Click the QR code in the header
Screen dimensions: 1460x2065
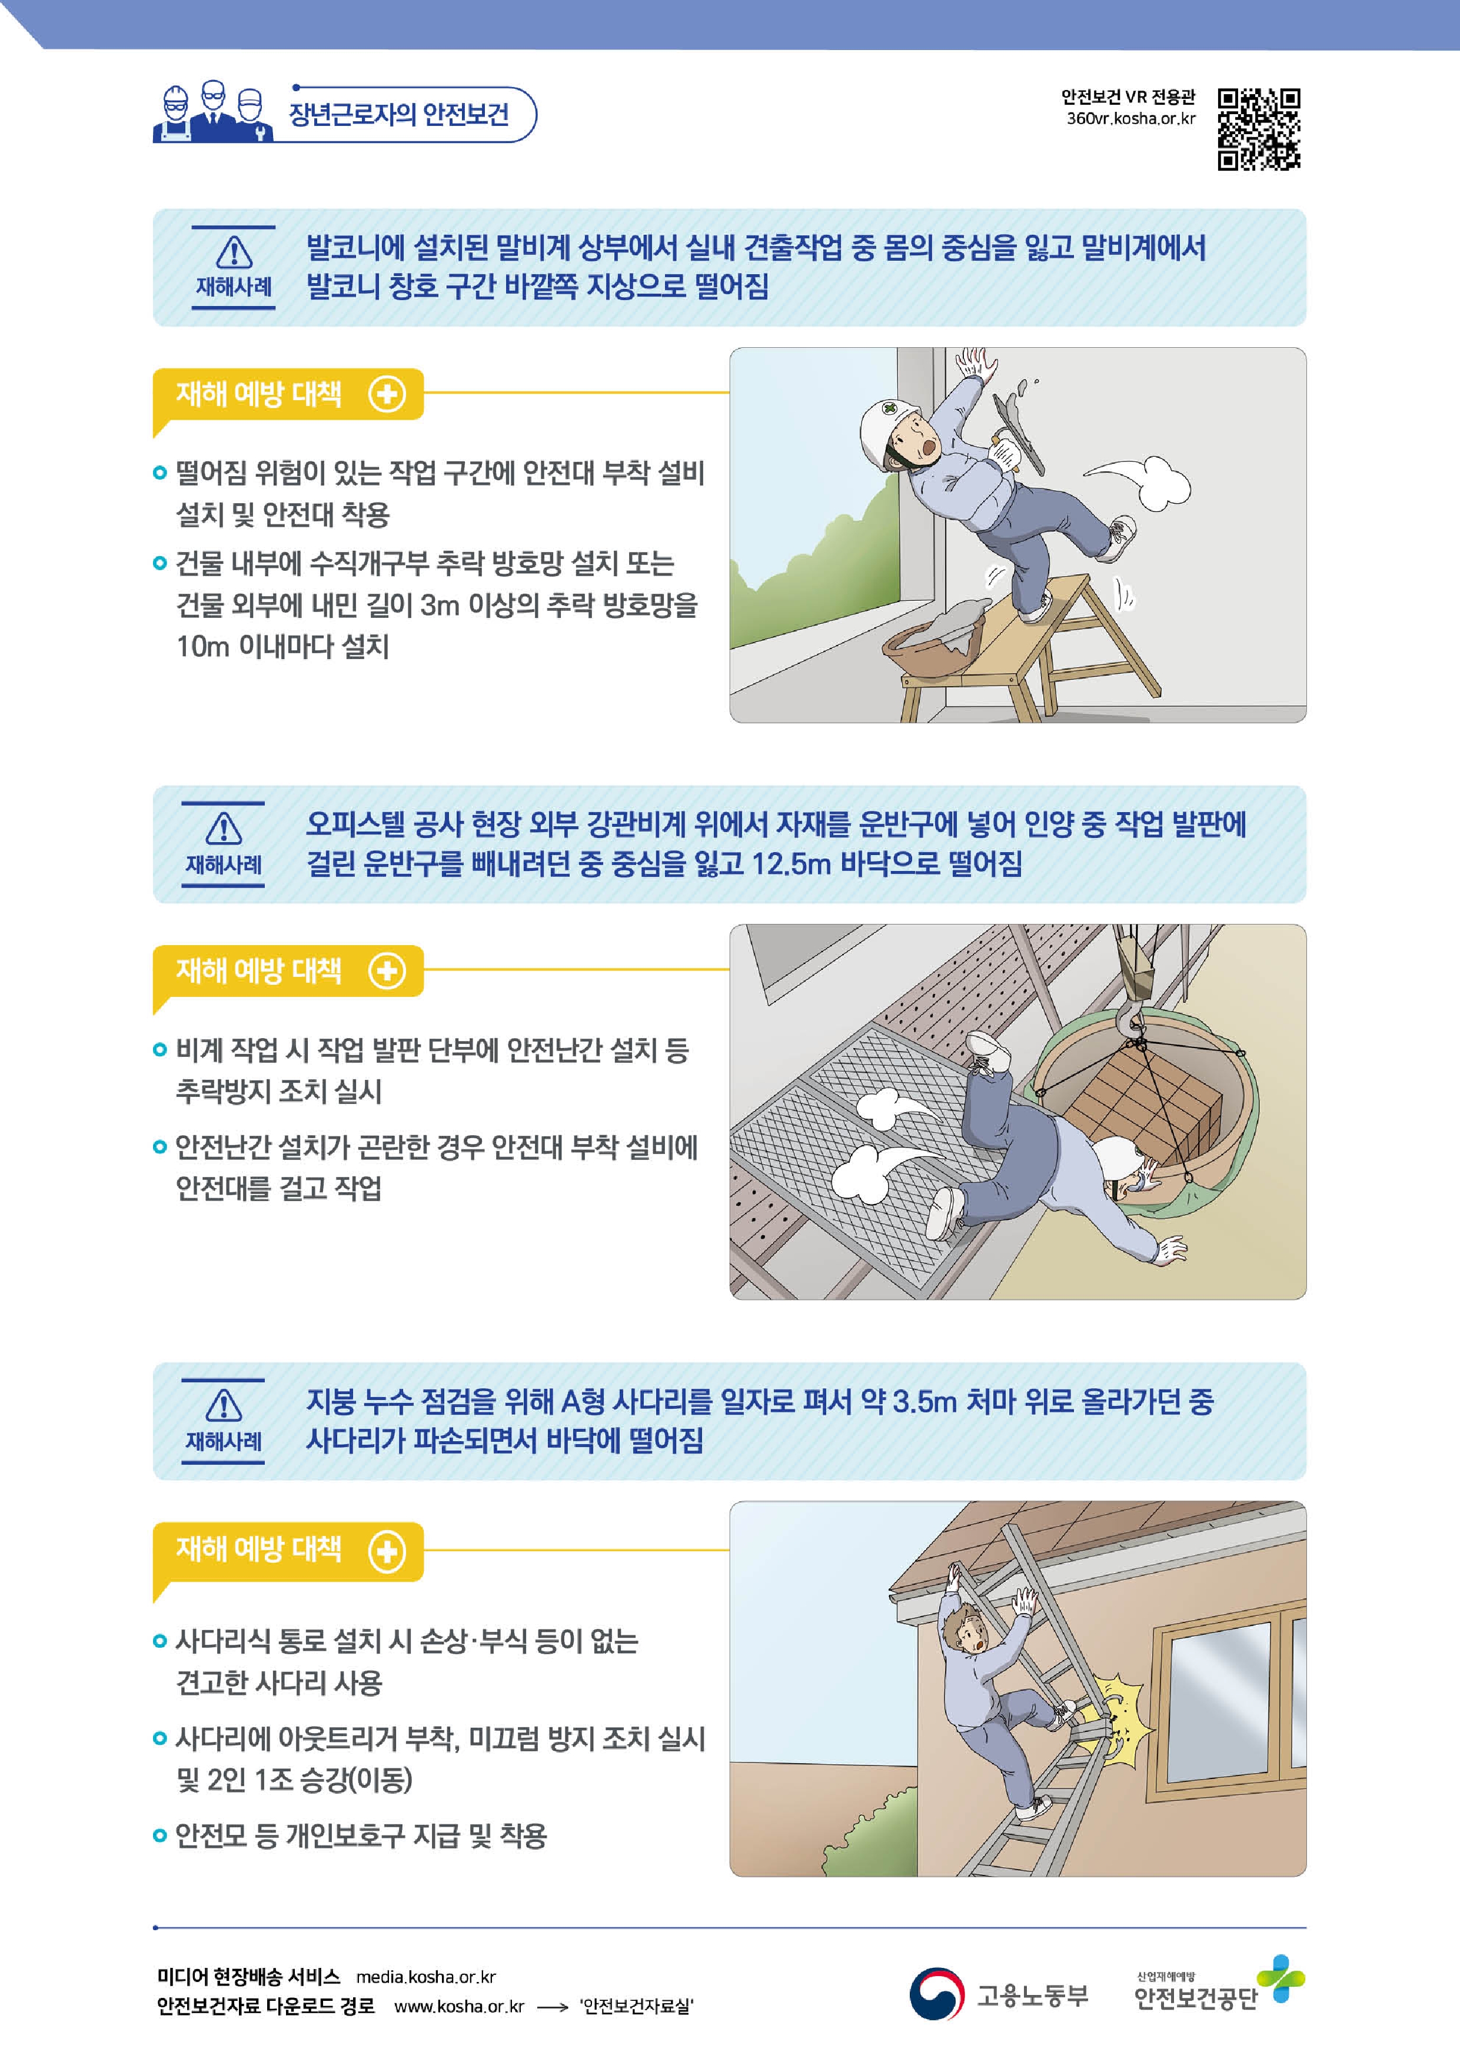point(1259,129)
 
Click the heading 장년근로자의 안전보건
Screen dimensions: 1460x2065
point(398,114)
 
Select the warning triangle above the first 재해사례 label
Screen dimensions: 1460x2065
point(234,252)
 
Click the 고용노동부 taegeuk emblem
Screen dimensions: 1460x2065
point(936,1994)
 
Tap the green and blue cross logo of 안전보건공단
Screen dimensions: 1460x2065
point(1280,1978)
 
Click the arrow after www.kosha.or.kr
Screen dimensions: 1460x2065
point(553,2007)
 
